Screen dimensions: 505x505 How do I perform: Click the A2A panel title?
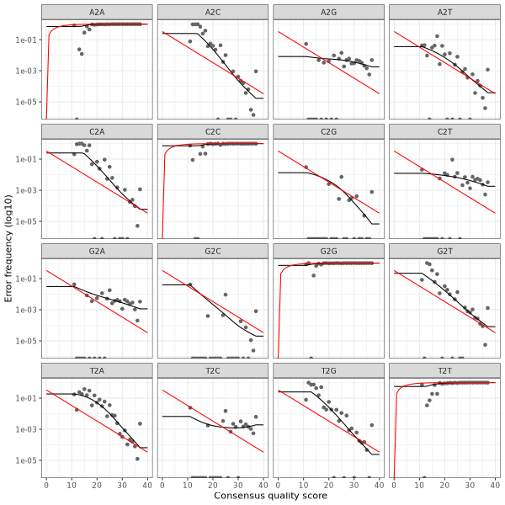click(97, 11)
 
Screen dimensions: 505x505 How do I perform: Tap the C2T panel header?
click(444, 130)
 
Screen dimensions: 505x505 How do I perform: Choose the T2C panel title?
click(212, 369)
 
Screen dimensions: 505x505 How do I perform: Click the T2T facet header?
click(444, 369)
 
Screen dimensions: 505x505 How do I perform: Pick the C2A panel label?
click(97, 130)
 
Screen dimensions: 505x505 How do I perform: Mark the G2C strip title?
click(212, 250)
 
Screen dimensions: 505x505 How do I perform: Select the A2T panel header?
click(444, 11)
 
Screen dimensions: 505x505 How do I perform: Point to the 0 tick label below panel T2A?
click(46, 485)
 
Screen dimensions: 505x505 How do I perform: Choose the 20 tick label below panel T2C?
click(213, 485)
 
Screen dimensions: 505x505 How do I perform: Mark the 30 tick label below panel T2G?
click(353, 485)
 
